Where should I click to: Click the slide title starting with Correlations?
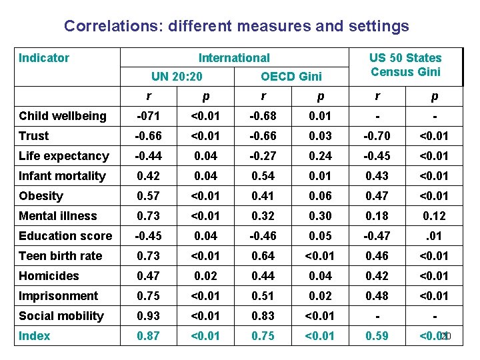point(236,26)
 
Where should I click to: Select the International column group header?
point(234,58)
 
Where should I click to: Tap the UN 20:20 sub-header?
point(177,77)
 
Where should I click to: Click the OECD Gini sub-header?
point(291,77)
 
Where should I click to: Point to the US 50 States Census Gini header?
point(405,65)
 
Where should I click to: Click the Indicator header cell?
point(44,58)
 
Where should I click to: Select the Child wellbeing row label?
point(63,116)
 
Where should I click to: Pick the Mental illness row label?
point(58,216)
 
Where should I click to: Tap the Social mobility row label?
point(61,316)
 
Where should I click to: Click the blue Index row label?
point(35,336)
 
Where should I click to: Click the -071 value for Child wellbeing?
point(148,116)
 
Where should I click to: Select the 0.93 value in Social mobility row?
point(148,316)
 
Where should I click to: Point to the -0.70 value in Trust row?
point(377,136)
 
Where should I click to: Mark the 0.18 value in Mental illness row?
point(377,216)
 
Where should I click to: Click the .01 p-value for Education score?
point(434,236)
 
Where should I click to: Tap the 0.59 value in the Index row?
point(377,336)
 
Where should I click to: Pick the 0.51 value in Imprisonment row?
point(262,296)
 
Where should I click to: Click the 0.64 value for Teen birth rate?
point(262,256)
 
